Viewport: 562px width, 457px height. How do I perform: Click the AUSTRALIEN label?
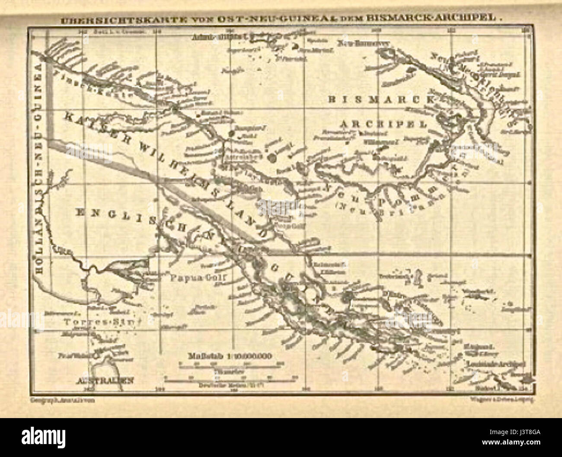coord(104,381)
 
